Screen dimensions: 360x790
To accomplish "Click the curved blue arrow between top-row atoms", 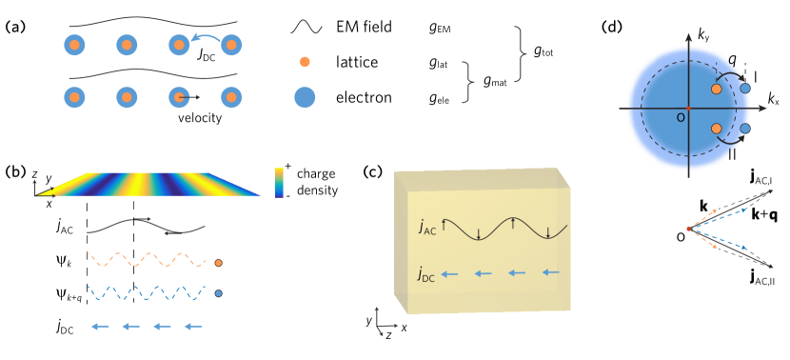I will point(206,36).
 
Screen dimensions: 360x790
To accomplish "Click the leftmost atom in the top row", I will point(74,45).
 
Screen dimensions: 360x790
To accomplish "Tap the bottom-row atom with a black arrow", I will point(179,97).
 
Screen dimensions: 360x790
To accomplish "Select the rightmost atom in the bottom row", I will point(230,97).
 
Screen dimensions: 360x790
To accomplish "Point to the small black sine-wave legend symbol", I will point(306,28).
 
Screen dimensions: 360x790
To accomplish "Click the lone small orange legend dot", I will point(305,62).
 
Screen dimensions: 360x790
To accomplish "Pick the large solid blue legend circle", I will point(305,97).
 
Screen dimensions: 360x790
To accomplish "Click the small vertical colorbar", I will point(279,182).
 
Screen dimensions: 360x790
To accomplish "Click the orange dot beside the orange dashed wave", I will point(218,262).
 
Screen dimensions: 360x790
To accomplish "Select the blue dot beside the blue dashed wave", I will point(218,293).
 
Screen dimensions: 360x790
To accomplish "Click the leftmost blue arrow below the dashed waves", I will point(100,327).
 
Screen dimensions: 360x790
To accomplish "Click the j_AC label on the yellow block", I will point(428,227).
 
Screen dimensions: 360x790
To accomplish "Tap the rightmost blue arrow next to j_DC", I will point(550,272).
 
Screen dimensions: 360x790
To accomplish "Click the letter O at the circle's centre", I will point(681,117).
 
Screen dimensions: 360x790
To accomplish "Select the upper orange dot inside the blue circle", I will point(717,89).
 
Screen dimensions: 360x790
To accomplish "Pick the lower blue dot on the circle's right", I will point(745,129).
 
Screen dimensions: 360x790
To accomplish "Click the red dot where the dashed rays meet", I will point(689,229).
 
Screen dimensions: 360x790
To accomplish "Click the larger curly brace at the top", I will point(520,54).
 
